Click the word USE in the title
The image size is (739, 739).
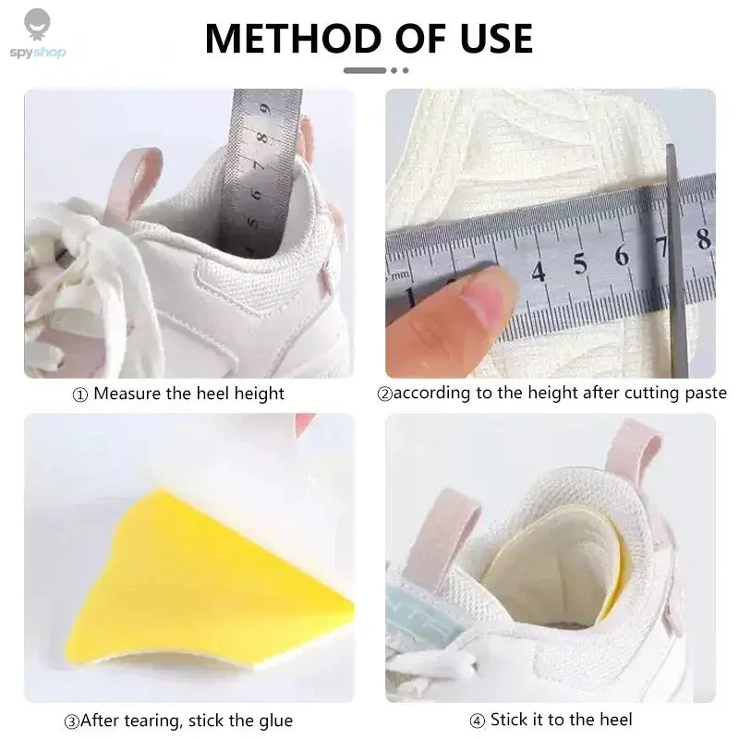[x=497, y=39]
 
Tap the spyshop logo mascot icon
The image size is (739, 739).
[x=37, y=25]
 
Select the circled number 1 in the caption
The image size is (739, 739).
[x=80, y=394]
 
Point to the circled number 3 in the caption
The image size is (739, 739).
[x=71, y=721]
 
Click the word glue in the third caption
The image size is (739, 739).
[x=275, y=721]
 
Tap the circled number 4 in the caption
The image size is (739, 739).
[x=477, y=721]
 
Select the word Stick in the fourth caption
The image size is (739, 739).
[x=510, y=720]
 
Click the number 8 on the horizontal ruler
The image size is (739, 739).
[x=704, y=238]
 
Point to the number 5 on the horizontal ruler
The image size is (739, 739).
[x=580, y=263]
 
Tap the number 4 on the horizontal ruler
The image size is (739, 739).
[x=539, y=272]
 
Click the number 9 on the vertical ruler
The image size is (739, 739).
[x=266, y=110]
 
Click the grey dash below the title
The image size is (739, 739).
[x=365, y=71]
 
